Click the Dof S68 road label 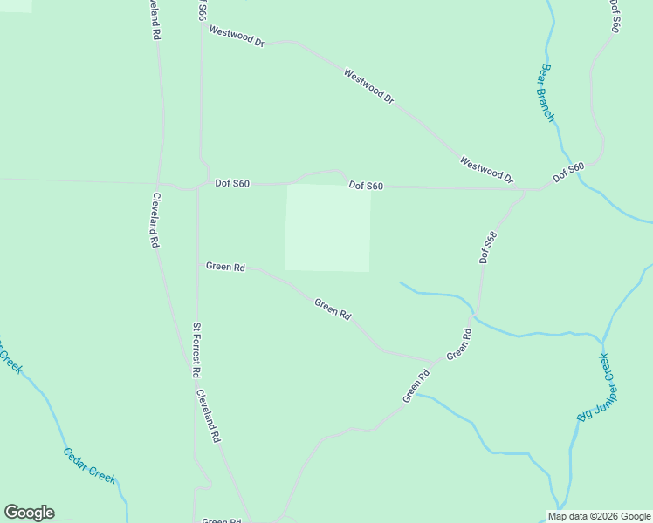click(x=487, y=248)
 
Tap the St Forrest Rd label click(x=197, y=350)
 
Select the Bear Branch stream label click(x=547, y=92)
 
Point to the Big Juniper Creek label click(x=597, y=388)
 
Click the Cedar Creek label click(x=90, y=465)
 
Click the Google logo click(x=29, y=513)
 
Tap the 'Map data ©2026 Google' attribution click(x=600, y=516)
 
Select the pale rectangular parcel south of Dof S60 click(x=327, y=227)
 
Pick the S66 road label click(x=202, y=10)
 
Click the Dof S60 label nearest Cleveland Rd click(x=232, y=184)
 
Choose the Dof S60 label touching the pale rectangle click(x=366, y=186)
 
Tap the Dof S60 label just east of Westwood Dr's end click(x=567, y=173)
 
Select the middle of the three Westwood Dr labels click(x=368, y=86)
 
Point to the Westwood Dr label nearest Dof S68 click(x=486, y=170)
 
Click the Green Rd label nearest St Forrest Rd click(x=225, y=267)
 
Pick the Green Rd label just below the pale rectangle click(x=333, y=309)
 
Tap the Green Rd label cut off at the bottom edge click(x=221, y=520)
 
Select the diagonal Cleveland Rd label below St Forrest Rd click(x=208, y=415)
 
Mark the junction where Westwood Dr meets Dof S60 click(x=522, y=188)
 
